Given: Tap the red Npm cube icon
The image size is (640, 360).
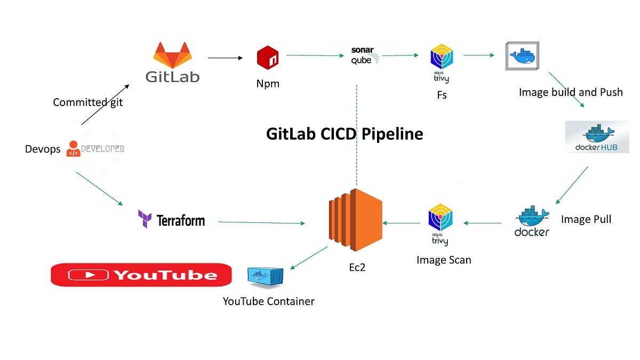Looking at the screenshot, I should tap(268, 58).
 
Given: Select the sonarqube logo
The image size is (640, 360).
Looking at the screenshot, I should tap(365, 55).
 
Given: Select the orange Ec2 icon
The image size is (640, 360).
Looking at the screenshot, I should tap(356, 219).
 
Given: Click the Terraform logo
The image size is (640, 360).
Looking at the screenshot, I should tap(171, 220).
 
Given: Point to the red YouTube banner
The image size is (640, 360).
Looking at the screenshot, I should tap(141, 275).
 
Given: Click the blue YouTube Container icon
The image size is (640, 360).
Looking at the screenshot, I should tap(265, 277).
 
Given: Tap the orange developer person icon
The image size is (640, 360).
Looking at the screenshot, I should tap(73, 149).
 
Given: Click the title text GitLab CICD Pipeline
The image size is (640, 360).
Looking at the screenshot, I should tap(345, 133).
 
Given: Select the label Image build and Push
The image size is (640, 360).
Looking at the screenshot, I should tap(571, 92).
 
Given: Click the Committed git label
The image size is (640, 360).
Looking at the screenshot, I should tap(87, 102).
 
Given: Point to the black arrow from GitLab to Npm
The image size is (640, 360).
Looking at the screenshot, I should tap(226, 58).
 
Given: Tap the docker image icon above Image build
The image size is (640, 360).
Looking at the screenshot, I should tap(522, 55).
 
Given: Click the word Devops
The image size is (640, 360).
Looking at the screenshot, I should tap(43, 149).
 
